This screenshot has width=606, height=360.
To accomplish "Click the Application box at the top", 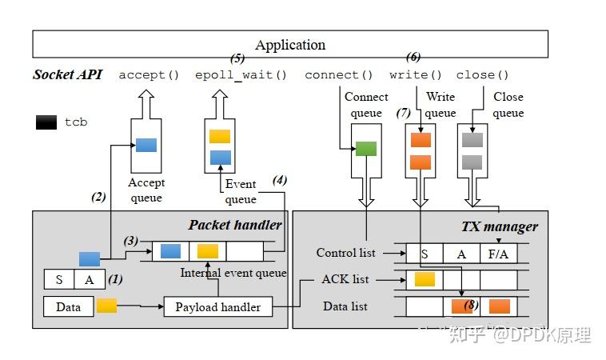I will [x=290, y=45].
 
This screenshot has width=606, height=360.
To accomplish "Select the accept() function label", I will [x=149, y=75].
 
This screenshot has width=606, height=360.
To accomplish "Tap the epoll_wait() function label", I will [x=241, y=75].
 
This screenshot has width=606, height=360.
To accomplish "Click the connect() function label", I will [x=339, y=75].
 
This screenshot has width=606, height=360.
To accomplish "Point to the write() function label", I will [x=416, y=75].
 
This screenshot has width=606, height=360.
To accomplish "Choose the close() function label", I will [x=483, y=75].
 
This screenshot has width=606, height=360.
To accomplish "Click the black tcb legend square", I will [x=46, y=122].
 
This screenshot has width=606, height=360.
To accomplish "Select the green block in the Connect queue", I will [x=366, y=148].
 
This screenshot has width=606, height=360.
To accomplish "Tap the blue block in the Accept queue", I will [x=146, y=145].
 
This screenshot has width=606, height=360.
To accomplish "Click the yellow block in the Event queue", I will [x=220, y=136].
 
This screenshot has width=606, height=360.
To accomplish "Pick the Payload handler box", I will [x=217, y=306].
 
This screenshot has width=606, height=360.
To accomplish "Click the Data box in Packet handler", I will [x=68, y=306].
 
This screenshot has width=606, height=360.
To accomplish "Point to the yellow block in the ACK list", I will [x=425, y=279].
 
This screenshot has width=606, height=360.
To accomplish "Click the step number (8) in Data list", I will [x=470, y=304].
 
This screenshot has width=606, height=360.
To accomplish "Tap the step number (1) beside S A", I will [x=115, y=279].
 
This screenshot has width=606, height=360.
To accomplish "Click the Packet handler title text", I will [x=235, y=225].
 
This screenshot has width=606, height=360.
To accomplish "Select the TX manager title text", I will [x=500, y=226].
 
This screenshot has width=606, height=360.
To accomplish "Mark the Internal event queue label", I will [x=233, y=273].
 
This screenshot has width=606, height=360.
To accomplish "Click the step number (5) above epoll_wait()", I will [x=237, y=58].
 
